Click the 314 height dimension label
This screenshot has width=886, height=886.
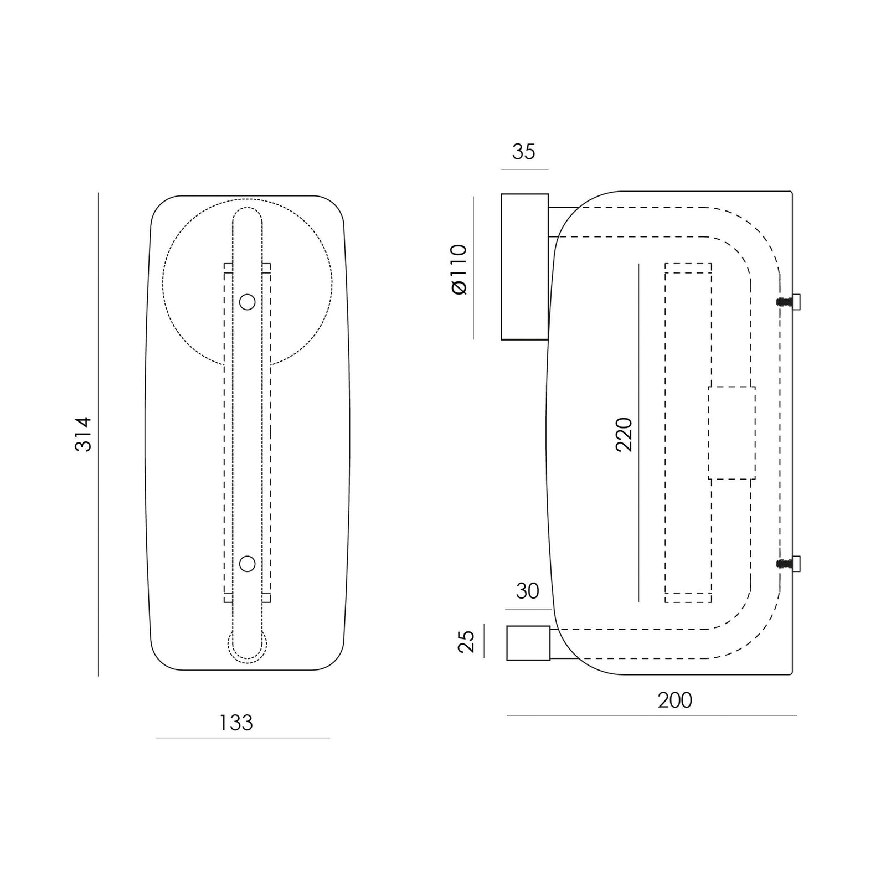point(84,434)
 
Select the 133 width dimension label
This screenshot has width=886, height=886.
point(236,723)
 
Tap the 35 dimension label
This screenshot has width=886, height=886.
point(524,152)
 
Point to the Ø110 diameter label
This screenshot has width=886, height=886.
point(460,270)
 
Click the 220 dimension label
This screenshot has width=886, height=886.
point(624,435)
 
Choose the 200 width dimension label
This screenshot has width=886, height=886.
point(675,700)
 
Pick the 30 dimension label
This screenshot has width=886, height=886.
point(527,591)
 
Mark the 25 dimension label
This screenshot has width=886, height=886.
point(467,642)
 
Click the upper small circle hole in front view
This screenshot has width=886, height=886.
point(247,302)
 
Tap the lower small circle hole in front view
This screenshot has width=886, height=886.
point(247,564)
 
